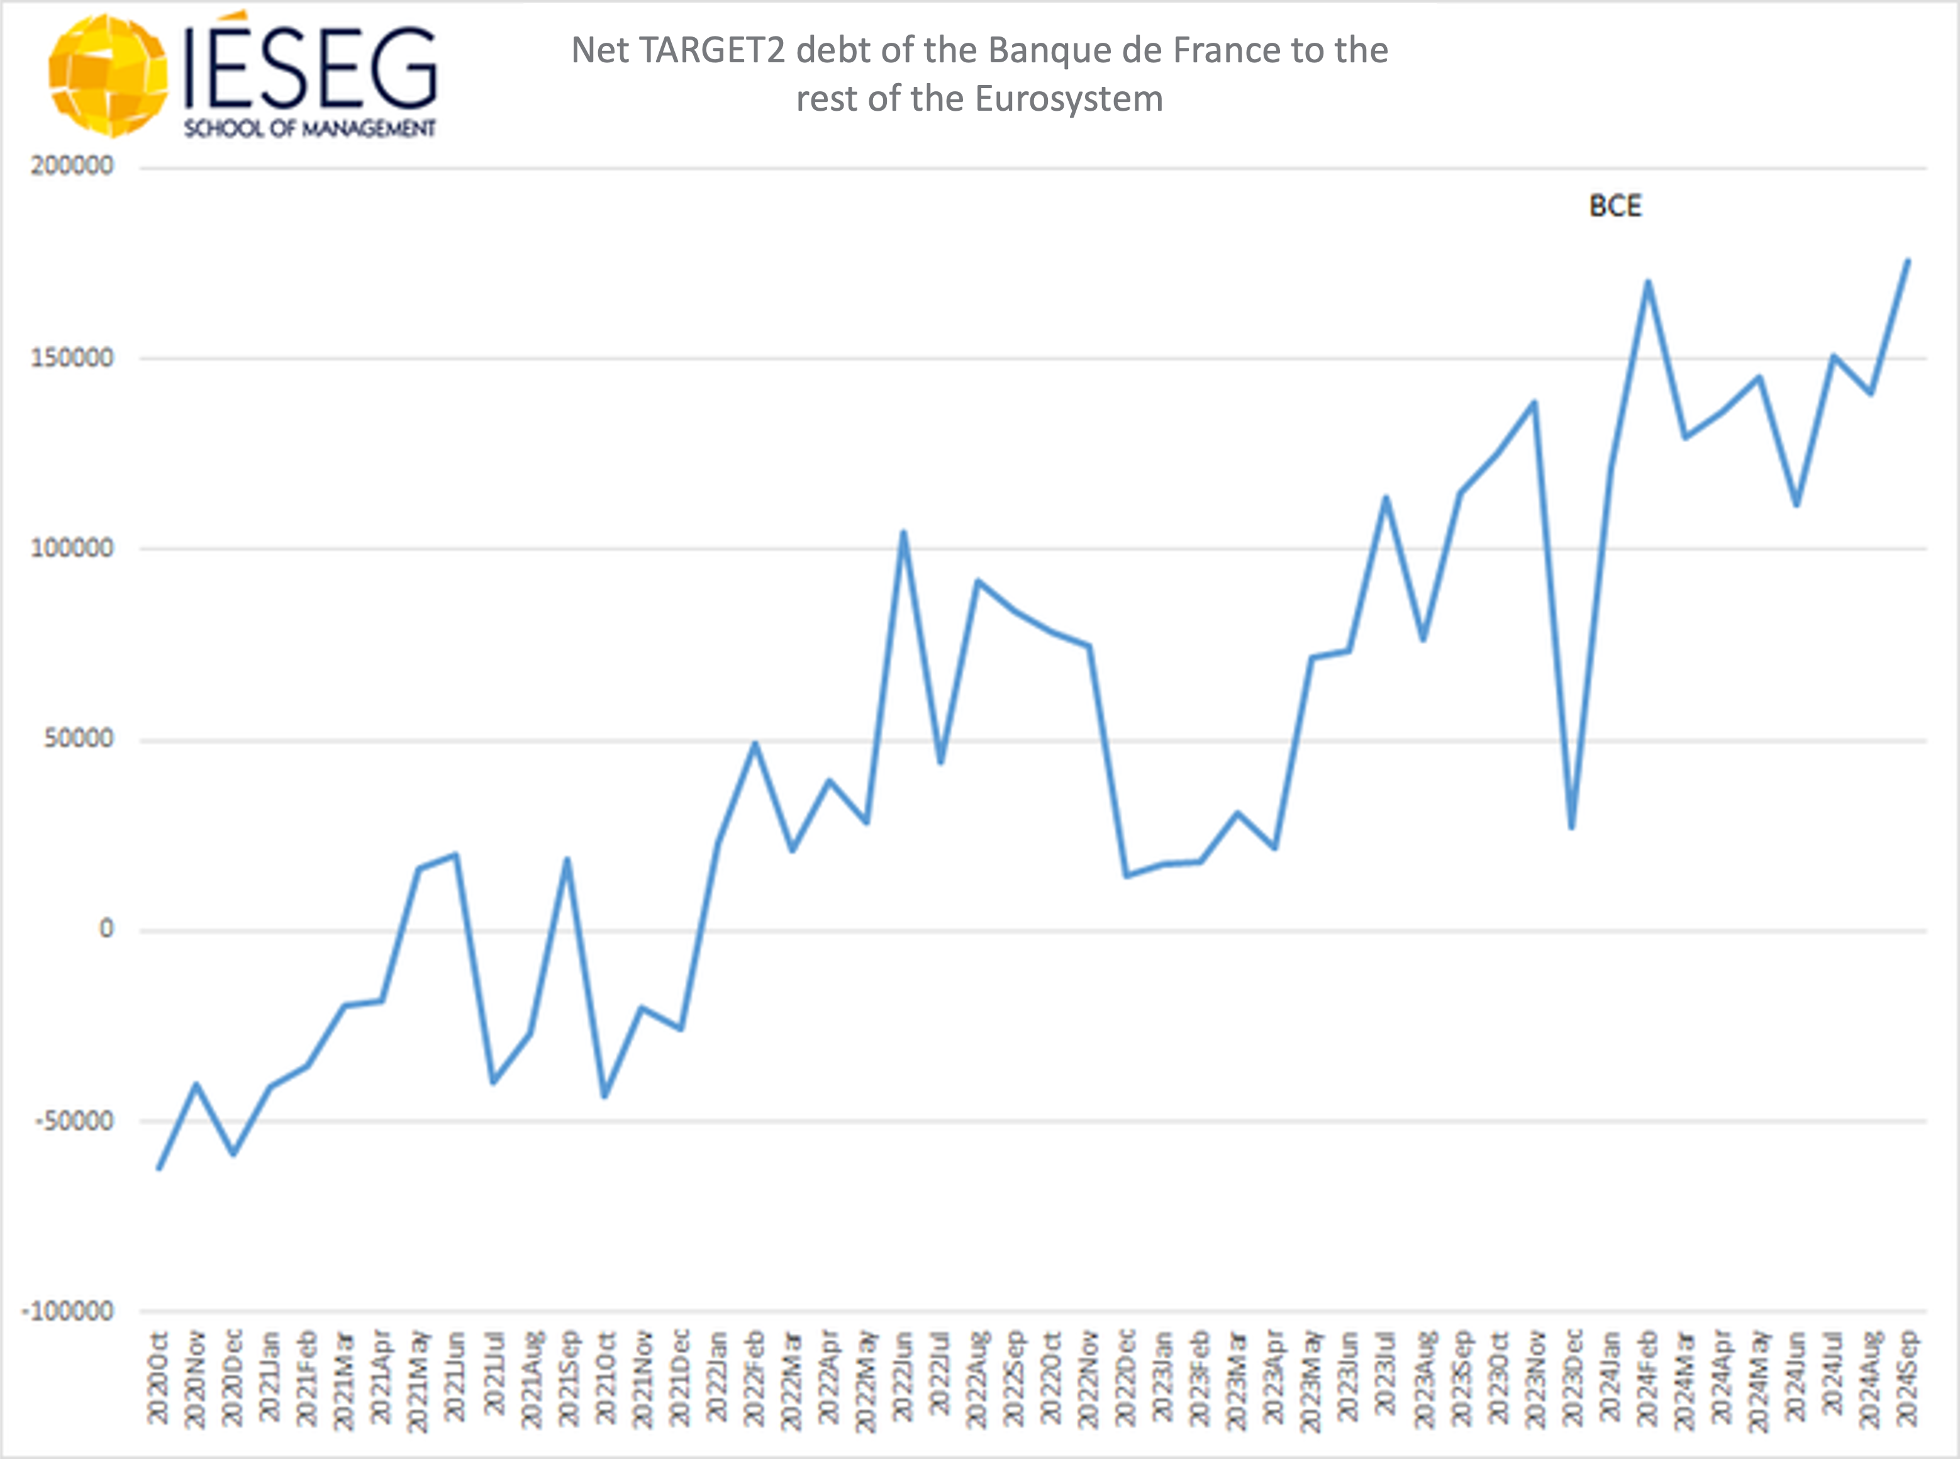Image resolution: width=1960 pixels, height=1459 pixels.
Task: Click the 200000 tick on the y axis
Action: pyautogui.click(x=72, y=166)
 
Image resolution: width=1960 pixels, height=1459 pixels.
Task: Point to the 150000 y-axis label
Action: pyautogui.click(x=72, y=358)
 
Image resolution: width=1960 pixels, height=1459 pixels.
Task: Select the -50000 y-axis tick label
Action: pyautogui.click(x=74, y=1120)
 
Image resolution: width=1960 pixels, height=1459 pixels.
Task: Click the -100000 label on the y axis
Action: pyautogui.click(x=69, y=1311)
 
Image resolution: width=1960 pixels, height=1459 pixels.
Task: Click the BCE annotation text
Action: pyautogui.click(x=1615, y=206)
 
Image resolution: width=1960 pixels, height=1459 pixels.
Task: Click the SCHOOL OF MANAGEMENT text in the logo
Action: pyautogui.click(x=309, y=129)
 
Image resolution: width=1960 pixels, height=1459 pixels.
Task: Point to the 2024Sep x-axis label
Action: pyautogui.click(x=1907, y=1378)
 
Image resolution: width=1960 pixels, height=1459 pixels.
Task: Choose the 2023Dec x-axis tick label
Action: pyautogui.click(x=1573, y=1378)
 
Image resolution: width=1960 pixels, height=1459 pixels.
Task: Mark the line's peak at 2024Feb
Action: pyautogui.click(x=1647, y=282)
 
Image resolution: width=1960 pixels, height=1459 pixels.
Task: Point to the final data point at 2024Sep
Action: pyautogui.click(x=1908, y=260)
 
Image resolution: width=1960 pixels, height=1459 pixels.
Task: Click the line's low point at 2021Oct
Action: pyautogui.click(x=604, y=1096)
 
